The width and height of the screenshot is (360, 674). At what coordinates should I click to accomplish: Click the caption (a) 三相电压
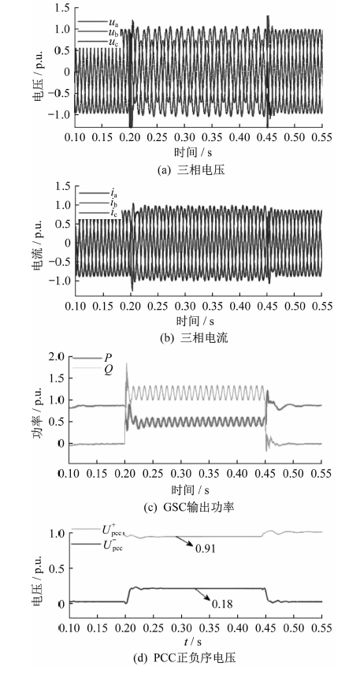[x=191, y=170]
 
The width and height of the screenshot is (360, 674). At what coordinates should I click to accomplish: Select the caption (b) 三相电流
[x=191, y=338]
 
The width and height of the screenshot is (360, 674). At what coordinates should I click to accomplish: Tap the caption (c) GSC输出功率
[x=191, y=507]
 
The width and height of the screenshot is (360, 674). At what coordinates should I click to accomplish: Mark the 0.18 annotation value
[x=222, y=604]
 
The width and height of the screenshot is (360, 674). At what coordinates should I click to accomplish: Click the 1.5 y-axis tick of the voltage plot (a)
[x=63, y=8]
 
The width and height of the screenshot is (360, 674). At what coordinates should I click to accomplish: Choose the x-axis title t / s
[x=191, y=642]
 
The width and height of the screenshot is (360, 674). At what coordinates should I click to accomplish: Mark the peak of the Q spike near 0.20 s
[x=126, y=363]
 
